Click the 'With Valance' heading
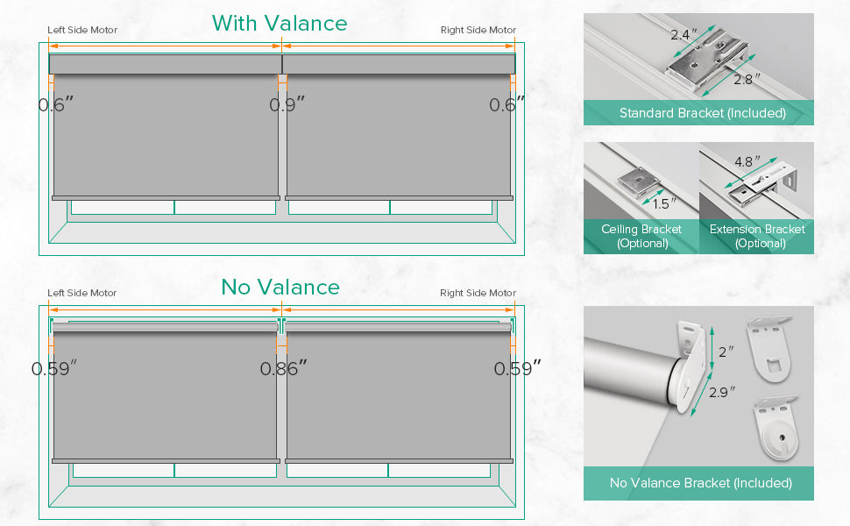[280, 24]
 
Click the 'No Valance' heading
[280, 287]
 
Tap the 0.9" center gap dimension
[287, 104]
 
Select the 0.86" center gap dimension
[284, 368]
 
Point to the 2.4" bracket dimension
[684, 35]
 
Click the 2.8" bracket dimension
[747, 79]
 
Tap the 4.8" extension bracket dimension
[747, 161]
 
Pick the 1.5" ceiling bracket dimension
[664, 204]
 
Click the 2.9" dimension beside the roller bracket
[722, 392]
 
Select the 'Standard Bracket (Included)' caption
[703, 113]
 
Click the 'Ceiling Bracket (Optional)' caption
[641, 236]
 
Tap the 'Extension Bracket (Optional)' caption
[757, 236]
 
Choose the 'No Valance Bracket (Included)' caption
[700, 483]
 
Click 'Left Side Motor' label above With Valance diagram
[82, 30]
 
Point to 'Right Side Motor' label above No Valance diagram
[478, 293]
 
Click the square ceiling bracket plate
[639, 181]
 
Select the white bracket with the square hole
[769, 349]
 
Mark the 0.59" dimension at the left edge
[53, 368]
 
